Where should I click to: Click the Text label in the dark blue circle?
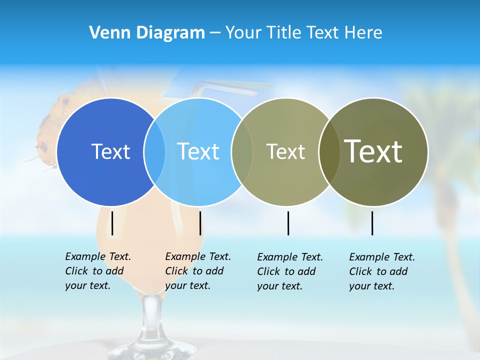coord(110,151)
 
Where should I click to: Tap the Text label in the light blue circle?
coord(198,151)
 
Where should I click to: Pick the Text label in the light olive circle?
coord(285,152)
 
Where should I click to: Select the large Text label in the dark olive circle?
coord(373,151)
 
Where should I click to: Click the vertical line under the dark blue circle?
coord(112,223)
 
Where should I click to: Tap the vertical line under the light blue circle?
coord(200,223)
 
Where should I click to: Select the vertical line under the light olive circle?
coord(288,223)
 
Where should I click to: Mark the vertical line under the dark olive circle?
coord(372,223)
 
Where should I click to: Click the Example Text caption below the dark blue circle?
coord(97,271)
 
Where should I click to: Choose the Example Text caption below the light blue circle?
coord(197,271)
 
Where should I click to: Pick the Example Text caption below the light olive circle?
coord(289,271)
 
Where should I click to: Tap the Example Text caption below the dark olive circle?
coord(381,271)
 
